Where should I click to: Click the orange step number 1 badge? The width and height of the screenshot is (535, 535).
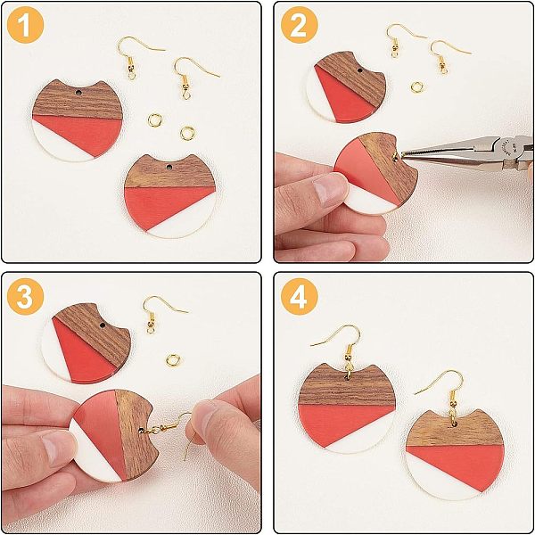tap(25, 25)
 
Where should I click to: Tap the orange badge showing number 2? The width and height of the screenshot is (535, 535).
tap(300, 25)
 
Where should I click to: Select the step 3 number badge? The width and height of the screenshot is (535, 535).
tap(25, 296)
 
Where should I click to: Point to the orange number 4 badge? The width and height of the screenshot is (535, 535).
tap(300, 296)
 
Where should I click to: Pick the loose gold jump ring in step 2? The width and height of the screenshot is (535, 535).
tap(417, 87)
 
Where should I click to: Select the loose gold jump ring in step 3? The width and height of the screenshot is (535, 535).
tap(173, 360)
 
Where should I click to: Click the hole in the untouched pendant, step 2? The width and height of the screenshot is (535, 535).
tap(359, 70)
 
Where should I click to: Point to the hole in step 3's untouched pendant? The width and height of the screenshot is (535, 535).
tap(103, 325)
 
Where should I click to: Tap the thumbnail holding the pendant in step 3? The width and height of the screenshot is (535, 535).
tap(56, 447)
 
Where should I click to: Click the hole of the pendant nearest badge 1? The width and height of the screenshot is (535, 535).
tap(78, 93)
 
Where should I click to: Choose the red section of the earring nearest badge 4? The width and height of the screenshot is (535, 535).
tap(344, 423)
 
